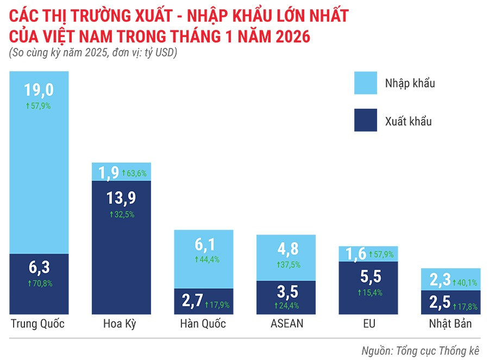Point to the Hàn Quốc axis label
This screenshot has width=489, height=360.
pyautogui.click(x=203, y=324)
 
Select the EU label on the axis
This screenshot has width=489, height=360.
pyautogui.click(x=368, y=324)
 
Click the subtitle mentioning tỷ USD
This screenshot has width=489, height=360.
pyautogui.click(x=93, y=53)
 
